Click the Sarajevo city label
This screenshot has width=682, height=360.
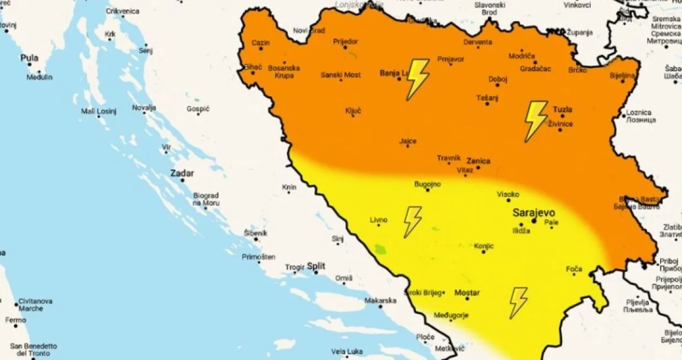[x=533, y=213]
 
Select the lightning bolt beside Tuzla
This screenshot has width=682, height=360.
[x=535, y=121]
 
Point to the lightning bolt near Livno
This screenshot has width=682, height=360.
[x=412, y=222]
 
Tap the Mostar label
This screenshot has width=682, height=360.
[x=467, y=293]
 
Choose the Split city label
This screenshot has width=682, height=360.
[x=316, y=266]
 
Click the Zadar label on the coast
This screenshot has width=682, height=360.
[x=182, y=173]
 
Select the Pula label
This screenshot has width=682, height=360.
[x=29, y=58]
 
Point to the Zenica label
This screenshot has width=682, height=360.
[x=478, y=161]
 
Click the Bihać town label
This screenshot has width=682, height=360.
[x=253, y=67]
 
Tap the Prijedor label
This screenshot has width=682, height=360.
[x=346, y=41]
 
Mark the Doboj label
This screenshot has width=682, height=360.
[x=498, y=80]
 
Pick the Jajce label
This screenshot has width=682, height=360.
[x=408, y=141]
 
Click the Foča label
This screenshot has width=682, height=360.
[x=574, y=269]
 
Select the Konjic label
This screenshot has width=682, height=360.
[x=484, y=246]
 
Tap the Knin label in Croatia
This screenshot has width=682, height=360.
[x=289, y=187]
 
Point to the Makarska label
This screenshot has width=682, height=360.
[x=380, y=300]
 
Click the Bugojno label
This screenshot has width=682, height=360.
[x=427, y=184]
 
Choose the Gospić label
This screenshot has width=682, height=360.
[x=198, y=109]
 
